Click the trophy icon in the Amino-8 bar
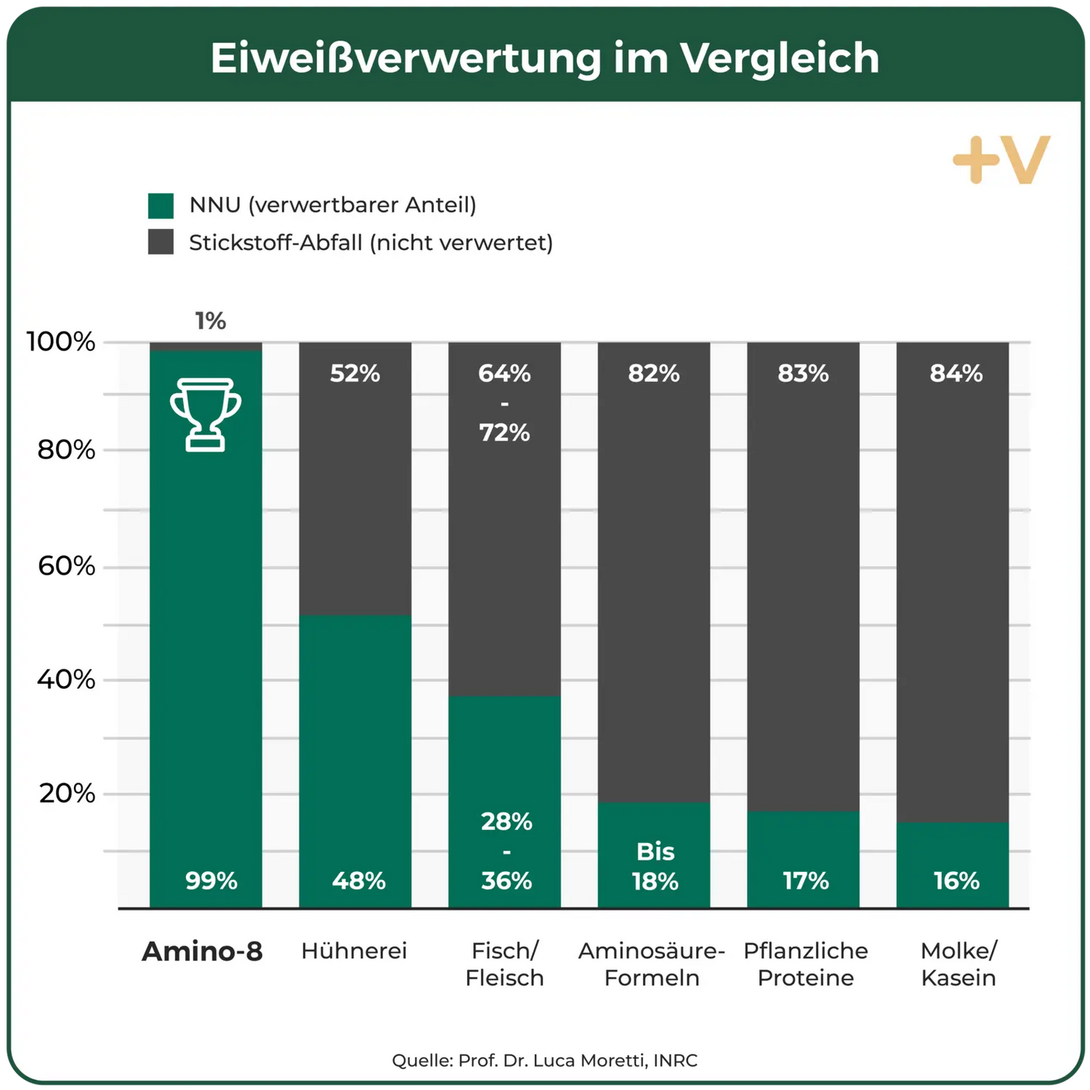tap(206, 414)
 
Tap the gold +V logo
tap(1001, 160)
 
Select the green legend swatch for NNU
tap(161, 206)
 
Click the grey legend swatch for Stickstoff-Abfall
tap(161, 242)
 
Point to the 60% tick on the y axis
tap(67, 566)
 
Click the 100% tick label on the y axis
tap(61, 342)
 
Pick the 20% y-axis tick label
tap(67, 793)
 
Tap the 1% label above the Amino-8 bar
tap(210, 321)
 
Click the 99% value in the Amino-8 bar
tap(211, 881)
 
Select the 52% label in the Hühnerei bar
tap(355, 374)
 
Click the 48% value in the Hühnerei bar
tap(358, 881)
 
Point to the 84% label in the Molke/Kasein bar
tap(956, 374)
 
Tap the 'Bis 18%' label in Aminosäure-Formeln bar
tap(655, 867)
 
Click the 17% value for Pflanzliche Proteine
tap(805, 881)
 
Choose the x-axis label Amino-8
tap(202, 951)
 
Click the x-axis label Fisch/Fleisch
tap(505, 964)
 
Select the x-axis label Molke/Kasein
tap(958, 964)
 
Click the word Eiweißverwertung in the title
tap(406, 58)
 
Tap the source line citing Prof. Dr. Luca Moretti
tap(545, 1060)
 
